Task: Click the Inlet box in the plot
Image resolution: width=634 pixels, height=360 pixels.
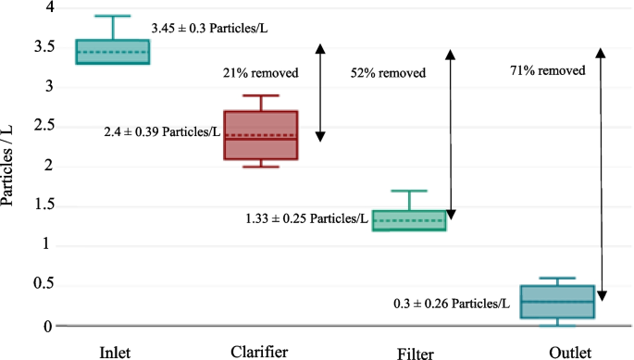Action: pyautogui.click(x=112, y=52)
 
